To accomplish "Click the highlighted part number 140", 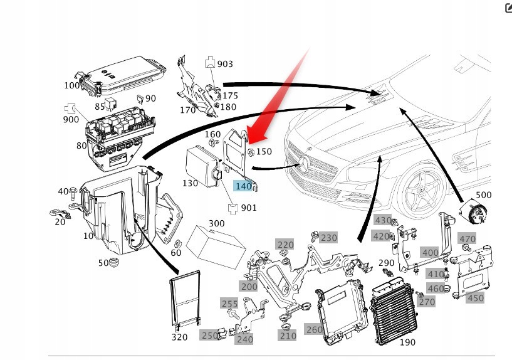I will coord(243,186).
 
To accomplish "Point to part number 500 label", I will coord(483,195).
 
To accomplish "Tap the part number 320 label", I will coord(179,337).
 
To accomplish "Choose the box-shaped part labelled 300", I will coord(218,246).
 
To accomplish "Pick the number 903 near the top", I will coord(225,64).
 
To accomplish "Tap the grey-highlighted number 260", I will coord(313,329).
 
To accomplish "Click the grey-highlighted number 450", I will coord(476,298).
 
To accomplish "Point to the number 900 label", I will coord(71,119).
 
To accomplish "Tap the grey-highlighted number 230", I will coord(328,238).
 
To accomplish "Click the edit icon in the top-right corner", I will coord(508,8).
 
